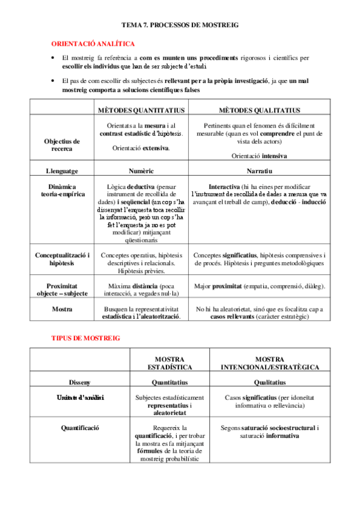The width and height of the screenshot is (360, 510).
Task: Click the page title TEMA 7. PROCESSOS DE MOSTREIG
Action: pyautogui.click(x=180, y=26)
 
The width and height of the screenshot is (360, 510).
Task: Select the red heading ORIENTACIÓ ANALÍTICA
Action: pyautogui.click(x=93, y=44)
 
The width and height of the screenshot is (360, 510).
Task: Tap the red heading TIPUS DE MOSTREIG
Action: pyautogui.click(x=85, y=338)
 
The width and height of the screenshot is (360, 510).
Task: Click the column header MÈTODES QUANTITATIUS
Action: pyautogui.click(x=141, y=110)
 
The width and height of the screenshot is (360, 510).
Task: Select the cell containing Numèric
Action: pyautogui.click(x=141, y=171)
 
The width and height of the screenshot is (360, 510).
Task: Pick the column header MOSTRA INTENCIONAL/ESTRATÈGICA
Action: pyautogui.click(x=270, y=363)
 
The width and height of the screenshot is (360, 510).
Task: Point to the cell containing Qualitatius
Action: pyautogui.click(x=270, y=382)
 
